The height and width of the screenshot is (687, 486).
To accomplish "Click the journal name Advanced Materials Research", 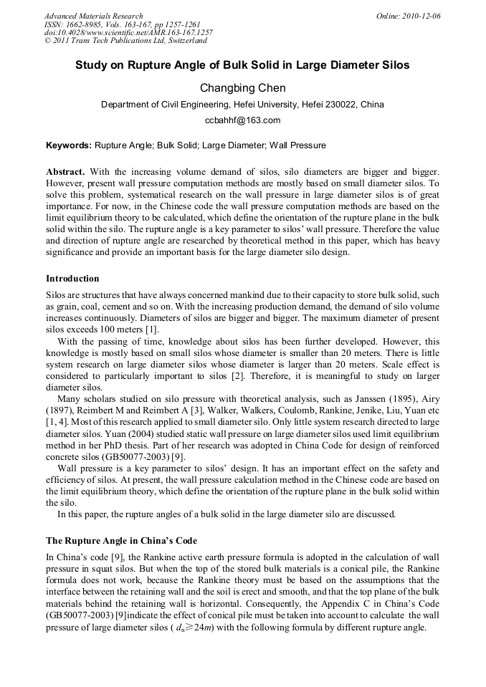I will [x=93, y=16].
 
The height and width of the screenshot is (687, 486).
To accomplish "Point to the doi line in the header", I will [x=128, y=32].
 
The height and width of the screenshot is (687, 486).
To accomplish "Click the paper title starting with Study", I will [x=242, y=65].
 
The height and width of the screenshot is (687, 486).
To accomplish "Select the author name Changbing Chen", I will [x=242, y=88].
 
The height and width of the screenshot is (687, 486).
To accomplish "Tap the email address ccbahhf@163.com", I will [x=242, y=120].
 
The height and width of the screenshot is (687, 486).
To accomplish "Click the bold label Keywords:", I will [x=69, y=145].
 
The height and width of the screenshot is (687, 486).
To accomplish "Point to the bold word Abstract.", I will [x=65, y=173].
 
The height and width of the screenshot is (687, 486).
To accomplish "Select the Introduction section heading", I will [x=72, y=279].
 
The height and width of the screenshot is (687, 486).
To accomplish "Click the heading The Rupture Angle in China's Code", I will [x=121, y=541].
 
